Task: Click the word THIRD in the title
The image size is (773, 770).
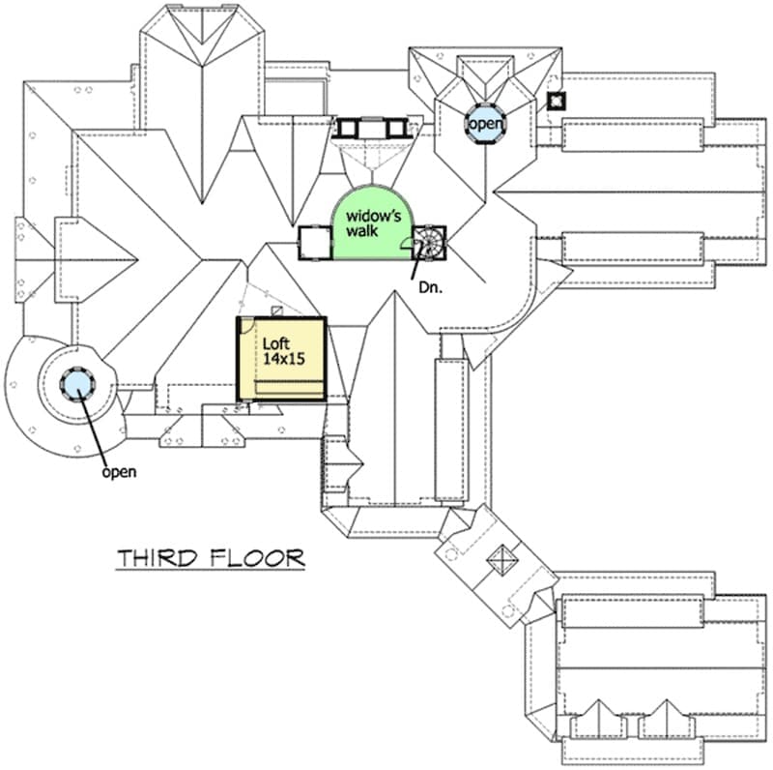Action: pos(157,558)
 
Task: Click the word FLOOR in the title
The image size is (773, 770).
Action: pos(257,558)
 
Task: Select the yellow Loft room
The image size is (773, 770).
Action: pos(281,358)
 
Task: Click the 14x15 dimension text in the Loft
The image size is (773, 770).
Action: pos(283,359)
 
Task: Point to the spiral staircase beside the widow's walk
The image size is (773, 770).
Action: pos(429,243)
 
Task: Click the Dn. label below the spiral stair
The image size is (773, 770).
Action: pos(430,287)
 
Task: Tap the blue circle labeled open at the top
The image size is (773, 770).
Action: pos(486,124)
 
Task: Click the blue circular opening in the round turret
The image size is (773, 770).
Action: pos(77,384)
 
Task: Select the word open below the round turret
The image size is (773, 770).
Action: pos(119,472)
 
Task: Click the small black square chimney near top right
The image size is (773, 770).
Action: pos(557,101)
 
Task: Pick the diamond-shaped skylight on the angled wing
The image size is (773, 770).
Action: pos(502,560)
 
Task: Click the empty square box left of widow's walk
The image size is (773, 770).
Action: pos(315,242)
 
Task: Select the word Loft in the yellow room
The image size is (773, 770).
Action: pos(276,343)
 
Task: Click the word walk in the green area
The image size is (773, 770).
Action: pos(361,230)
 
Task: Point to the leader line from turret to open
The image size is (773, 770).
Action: pos(95,428)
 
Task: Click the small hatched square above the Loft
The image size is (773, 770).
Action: pos(277,311)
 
